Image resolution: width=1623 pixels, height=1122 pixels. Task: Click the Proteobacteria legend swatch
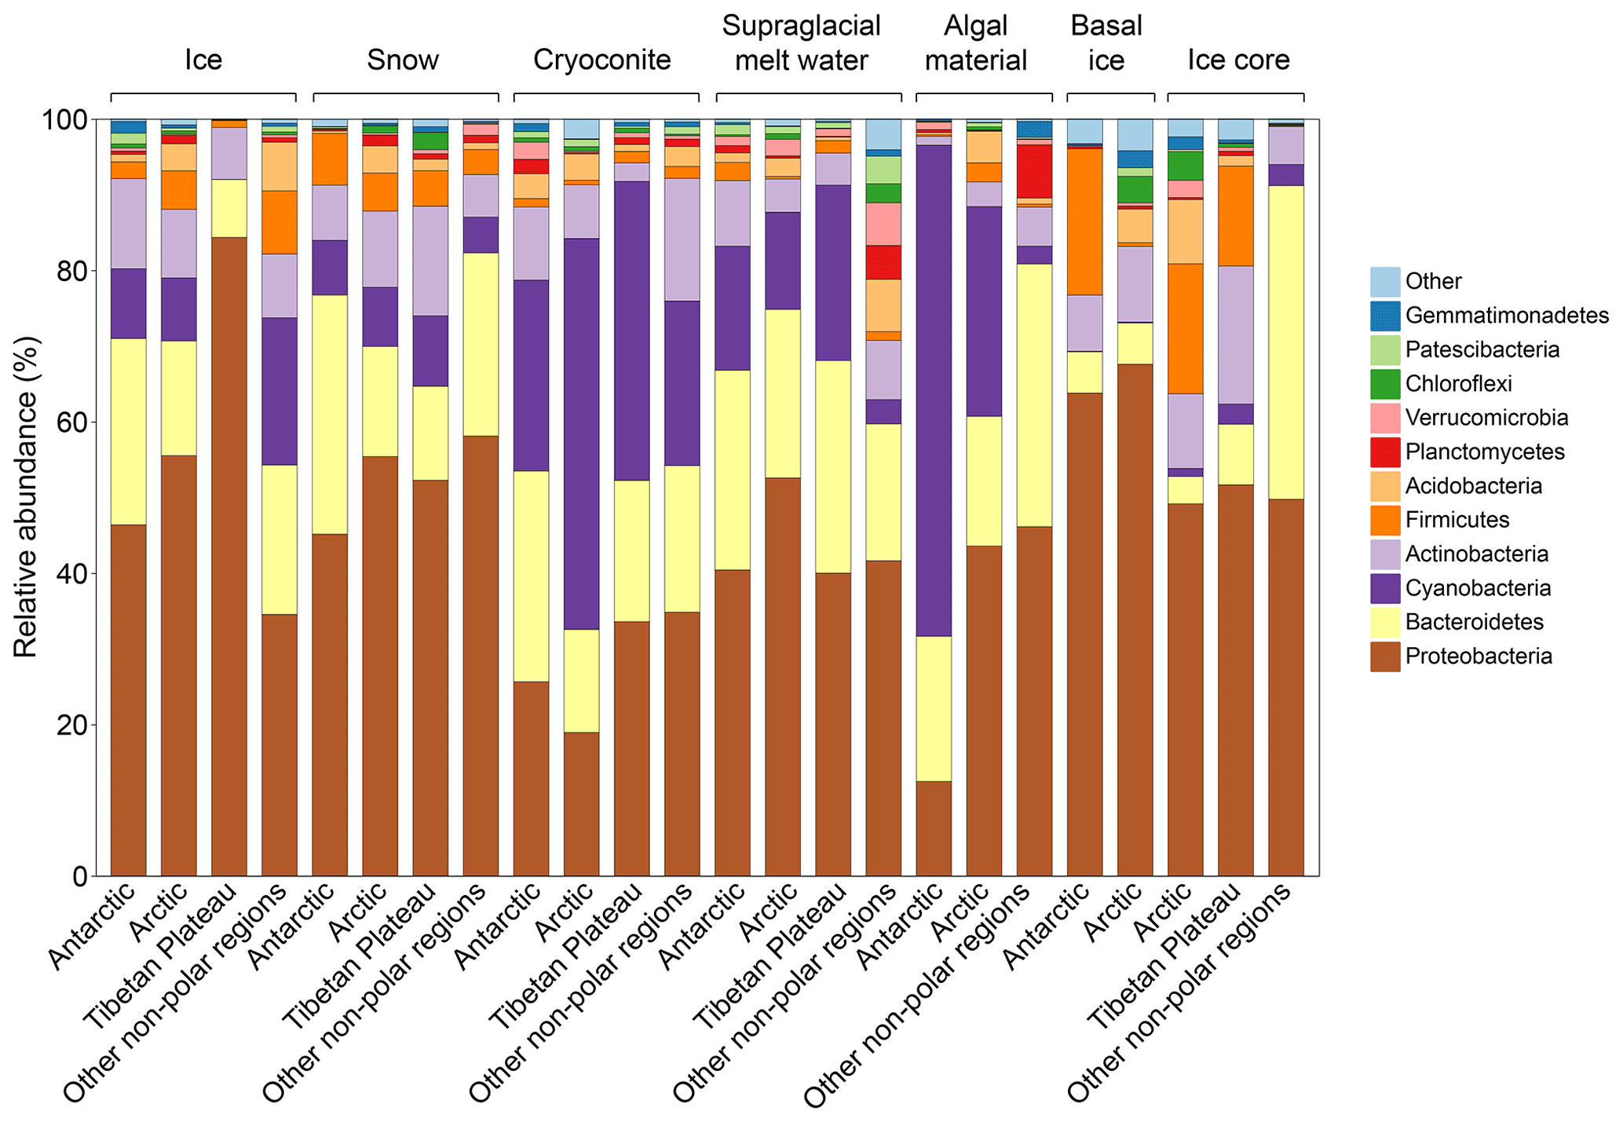1385,656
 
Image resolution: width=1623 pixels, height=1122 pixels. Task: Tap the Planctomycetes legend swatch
1385,451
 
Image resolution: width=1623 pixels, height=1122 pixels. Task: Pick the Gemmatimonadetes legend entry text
1507,316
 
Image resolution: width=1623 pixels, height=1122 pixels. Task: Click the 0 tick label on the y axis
79,876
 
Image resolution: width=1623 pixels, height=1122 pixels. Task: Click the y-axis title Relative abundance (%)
25,498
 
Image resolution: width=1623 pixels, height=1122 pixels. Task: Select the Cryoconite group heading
602,60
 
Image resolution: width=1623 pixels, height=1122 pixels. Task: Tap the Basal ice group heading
1106,43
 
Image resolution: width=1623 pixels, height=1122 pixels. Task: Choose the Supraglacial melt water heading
802,43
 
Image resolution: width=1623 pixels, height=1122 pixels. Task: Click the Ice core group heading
1238,60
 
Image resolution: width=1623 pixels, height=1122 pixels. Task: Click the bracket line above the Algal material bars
984,94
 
